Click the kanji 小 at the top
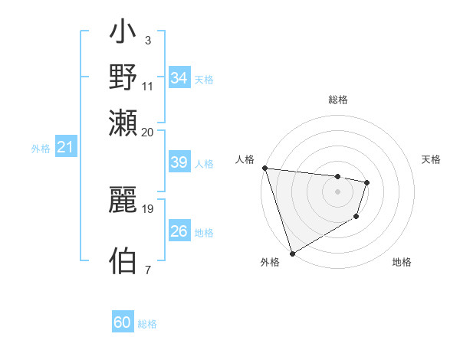click(123, 33)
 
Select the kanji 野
click(123, 77)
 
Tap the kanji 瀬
click(123, 123)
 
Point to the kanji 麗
click(123, 199)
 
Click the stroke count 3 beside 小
click(147, 39)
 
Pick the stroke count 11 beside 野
click(148, 85)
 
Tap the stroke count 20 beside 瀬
click(148, 131)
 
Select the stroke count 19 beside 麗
click(148, 208)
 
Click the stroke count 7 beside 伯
click(147, 269)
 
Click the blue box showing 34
click(179, 77)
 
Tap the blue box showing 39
click(179, 163)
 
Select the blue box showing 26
click(179, 231)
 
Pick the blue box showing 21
click(65, 146)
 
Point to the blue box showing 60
click(123, 322)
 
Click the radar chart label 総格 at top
click(337, 100)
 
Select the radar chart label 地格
click(402, 262)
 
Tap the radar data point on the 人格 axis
click(264, 168)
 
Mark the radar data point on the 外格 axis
click(292, 253)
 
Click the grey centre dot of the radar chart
click(337, 191)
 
